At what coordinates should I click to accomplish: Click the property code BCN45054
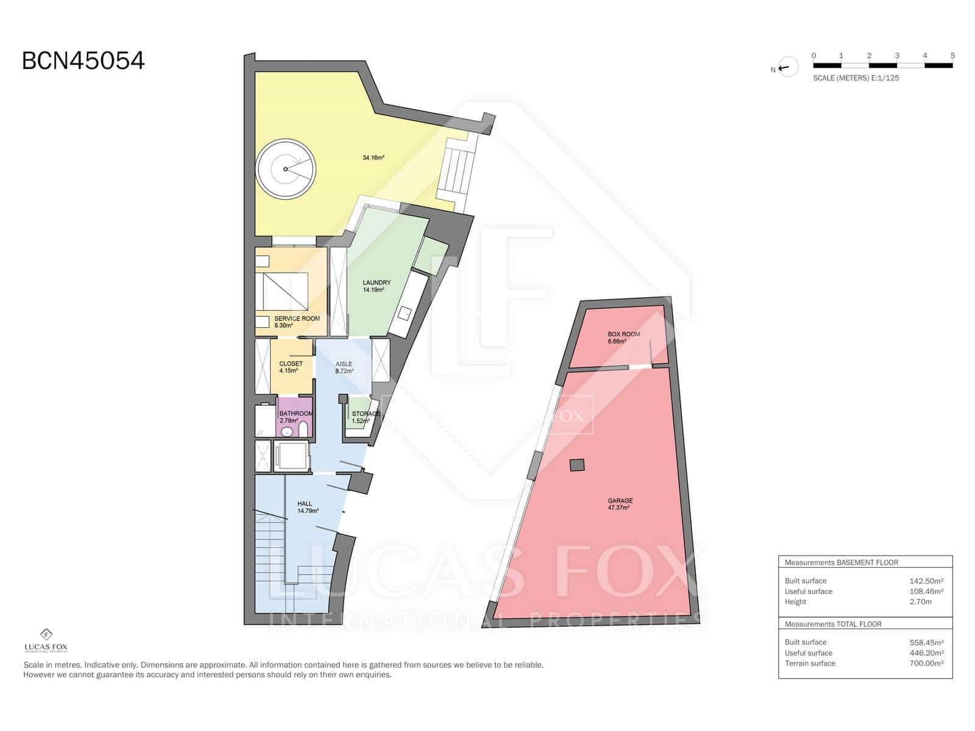[83, 61]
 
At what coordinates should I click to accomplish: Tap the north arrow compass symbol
[787, 68]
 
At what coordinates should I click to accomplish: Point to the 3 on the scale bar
[897, 55]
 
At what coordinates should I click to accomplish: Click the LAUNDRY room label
[376, 283]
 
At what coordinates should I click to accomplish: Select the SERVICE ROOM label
[297, 319]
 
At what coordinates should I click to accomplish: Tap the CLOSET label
[291, 364]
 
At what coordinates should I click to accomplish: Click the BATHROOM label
[296, 414]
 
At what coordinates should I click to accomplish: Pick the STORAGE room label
[366, 414]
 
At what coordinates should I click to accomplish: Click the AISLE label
[344, 364]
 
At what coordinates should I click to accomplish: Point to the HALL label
[305, 504]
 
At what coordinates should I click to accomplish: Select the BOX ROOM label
[623, 334]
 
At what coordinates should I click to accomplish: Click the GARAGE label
[620, 501]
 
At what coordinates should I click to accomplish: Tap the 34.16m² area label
[373, 158]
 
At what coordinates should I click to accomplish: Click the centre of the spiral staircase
[285, 169]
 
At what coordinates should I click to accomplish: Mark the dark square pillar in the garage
[576, 465]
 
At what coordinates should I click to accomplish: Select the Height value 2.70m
[920, 602]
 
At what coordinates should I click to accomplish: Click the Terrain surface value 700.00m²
[926, 663]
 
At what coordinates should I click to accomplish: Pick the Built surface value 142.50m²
[926, 581]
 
